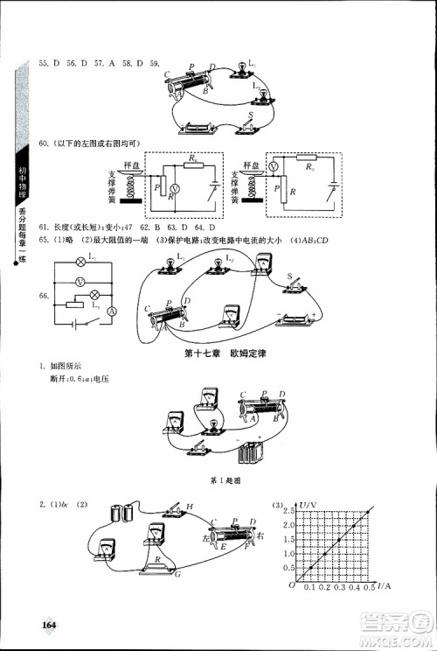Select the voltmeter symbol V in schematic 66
click(80, 282)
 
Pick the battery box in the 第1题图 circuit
click(251, 456)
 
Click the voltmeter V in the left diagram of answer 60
click(173, 188)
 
